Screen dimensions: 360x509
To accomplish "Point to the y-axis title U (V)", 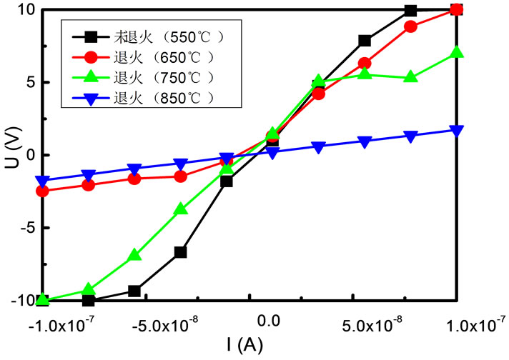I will click(x=12, y=155).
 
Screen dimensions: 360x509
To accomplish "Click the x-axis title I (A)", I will click(x=245, y=345).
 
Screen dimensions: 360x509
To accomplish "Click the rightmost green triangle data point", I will click(x=457, y=53).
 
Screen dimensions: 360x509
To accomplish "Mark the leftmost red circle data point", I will click(x=42, y=191).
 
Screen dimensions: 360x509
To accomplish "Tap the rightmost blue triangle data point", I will click(x=457, y=131).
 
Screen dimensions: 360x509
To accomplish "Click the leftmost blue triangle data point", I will click(x=42, y=181).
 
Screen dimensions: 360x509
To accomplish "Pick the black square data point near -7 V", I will click(x=180, y=252).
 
